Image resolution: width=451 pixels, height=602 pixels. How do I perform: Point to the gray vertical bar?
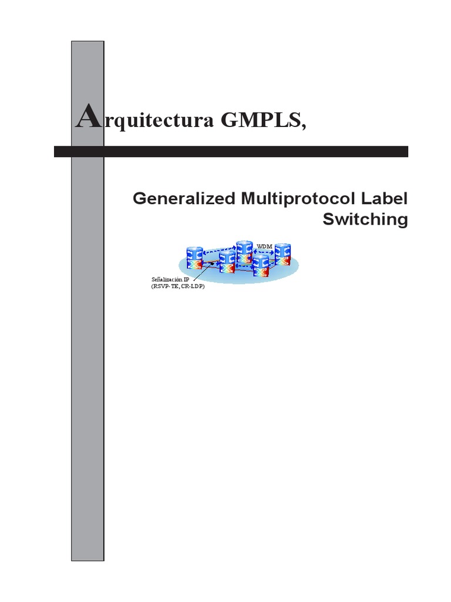(87, 353)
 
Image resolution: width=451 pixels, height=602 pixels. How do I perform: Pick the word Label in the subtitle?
(385, 199)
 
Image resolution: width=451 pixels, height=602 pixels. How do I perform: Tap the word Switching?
(365, 219)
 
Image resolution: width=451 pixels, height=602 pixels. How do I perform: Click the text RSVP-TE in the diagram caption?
(170, 287)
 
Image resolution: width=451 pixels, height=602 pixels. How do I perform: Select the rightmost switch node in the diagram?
(284, 255)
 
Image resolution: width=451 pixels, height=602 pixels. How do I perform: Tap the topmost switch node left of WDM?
(244, 252)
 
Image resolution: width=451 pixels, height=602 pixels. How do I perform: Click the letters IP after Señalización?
(186, 279)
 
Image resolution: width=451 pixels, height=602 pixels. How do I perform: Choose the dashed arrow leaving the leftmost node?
(218, 249)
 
